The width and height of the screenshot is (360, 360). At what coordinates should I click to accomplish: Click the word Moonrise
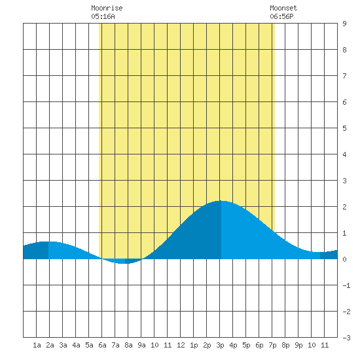107,8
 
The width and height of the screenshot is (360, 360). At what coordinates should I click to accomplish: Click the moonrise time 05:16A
103,16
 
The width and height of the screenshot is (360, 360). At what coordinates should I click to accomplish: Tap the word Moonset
283,8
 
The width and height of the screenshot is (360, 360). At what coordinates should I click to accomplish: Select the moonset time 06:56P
281,16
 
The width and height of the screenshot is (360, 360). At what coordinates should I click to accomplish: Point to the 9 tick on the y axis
344,24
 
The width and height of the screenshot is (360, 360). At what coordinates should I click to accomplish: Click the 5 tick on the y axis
344,128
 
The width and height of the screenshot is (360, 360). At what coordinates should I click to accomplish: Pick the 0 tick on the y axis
344,259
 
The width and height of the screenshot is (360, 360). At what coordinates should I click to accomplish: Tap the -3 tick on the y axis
347,338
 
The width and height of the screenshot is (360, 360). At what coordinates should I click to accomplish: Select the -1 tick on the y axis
347,285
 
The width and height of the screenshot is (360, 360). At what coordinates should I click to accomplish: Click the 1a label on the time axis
37,345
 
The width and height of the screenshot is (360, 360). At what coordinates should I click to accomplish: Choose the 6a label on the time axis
102,345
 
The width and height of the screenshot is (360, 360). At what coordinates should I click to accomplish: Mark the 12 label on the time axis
181,345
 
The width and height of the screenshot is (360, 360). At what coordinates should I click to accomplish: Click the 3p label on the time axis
220,345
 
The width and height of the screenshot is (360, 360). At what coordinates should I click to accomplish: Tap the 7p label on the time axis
272,345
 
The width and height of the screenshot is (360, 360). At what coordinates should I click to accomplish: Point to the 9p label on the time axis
298,345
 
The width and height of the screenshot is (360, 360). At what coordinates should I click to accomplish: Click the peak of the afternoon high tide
221,201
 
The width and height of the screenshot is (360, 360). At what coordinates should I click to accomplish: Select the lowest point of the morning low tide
124,264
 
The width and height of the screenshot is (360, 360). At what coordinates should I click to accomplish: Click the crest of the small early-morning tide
48,242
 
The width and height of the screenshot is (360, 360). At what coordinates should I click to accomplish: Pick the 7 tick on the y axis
344,76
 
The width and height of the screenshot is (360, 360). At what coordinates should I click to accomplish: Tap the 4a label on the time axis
76,345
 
